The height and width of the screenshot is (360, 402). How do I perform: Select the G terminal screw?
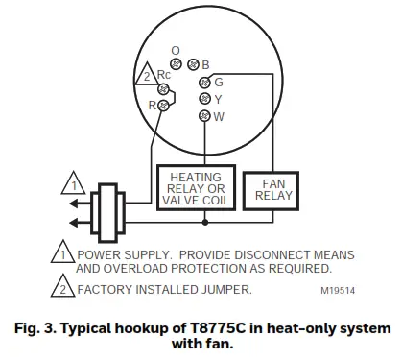click(204, 82)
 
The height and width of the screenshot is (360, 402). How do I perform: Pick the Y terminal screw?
click(204, 99)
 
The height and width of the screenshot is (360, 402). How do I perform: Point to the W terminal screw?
click(204, 116)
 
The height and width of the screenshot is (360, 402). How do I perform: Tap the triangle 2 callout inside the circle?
click(145, 76)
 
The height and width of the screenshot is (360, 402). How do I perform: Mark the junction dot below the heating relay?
click(204, 222)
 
